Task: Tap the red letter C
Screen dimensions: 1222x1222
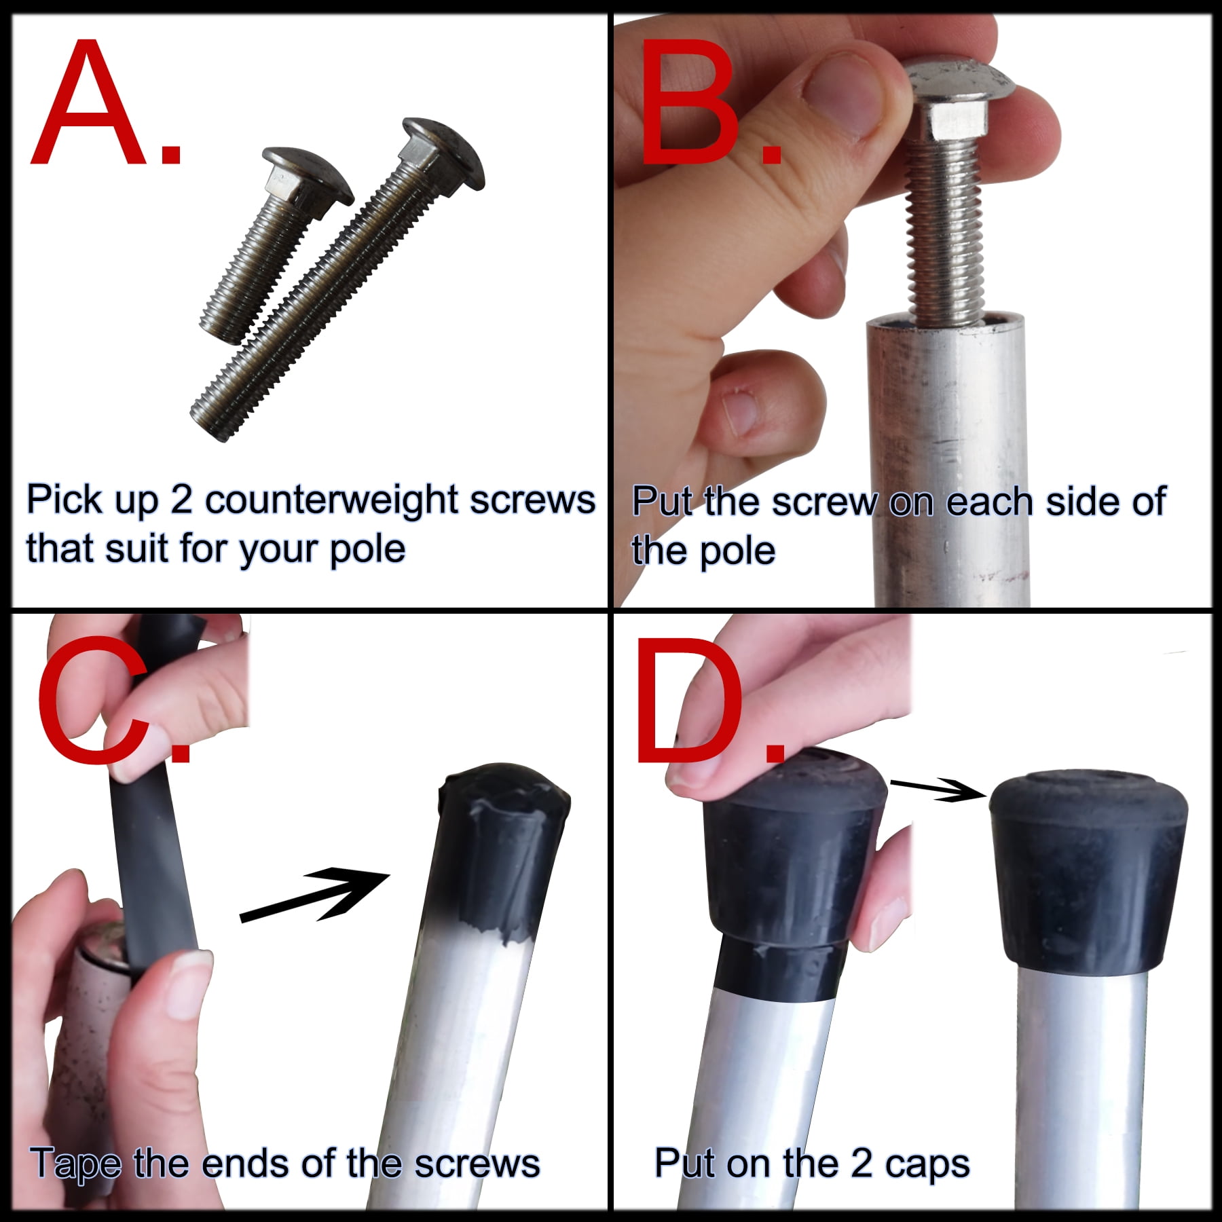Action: point(95,699)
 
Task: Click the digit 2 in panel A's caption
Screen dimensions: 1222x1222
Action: point(181,500)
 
